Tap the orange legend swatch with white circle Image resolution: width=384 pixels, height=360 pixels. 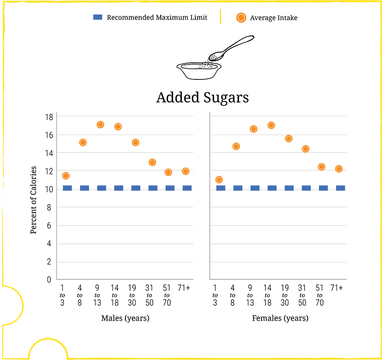[x=241, y=18]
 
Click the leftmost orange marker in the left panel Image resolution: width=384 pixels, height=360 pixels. [x=66, y=176]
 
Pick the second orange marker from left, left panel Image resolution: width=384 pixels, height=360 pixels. [x=83, y=142]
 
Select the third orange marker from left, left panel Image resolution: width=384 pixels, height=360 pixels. [x=100, y=125]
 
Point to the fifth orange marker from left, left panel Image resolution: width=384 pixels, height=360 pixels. [x=135, y=142]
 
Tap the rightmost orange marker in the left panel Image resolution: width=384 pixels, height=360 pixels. [x=185, y=171]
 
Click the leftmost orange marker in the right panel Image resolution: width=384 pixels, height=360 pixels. [x=220, y=179]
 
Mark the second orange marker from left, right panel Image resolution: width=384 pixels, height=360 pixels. [x=236, y=145]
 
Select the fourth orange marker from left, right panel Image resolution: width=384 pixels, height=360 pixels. [x=271, y=125]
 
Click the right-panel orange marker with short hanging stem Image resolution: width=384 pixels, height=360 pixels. [x=305, y=147]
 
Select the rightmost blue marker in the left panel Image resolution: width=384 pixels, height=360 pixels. [x=187, y=188]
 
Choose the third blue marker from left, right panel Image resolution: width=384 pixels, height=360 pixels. [x=255, y=188]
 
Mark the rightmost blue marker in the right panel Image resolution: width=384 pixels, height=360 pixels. [x=340, y=188]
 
